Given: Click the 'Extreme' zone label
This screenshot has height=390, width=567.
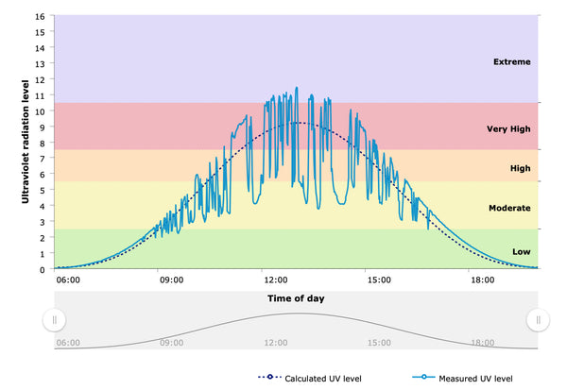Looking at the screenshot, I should click(511, 62).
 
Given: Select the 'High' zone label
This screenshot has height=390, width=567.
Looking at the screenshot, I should click(520, 168).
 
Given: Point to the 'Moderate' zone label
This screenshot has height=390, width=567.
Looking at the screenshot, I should click(509, 208).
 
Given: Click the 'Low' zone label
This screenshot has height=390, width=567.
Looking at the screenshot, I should click(521, 251).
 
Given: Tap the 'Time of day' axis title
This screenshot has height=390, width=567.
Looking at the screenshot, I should click(296, 298).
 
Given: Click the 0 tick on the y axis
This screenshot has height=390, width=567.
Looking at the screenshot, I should click(41, 270).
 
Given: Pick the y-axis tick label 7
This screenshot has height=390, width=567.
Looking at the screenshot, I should click(41, 159).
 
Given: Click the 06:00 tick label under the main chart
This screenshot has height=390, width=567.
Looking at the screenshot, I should click(68, 280).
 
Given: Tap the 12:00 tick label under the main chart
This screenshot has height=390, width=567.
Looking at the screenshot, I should click(275, 280).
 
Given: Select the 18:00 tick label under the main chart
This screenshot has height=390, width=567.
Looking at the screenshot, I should click(483, 280).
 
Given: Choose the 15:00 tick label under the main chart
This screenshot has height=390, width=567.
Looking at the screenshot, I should click(379, 280).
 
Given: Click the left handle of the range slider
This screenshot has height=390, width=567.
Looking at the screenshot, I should click(55, 320).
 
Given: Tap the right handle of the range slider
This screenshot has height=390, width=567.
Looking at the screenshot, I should click(538, 320).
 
